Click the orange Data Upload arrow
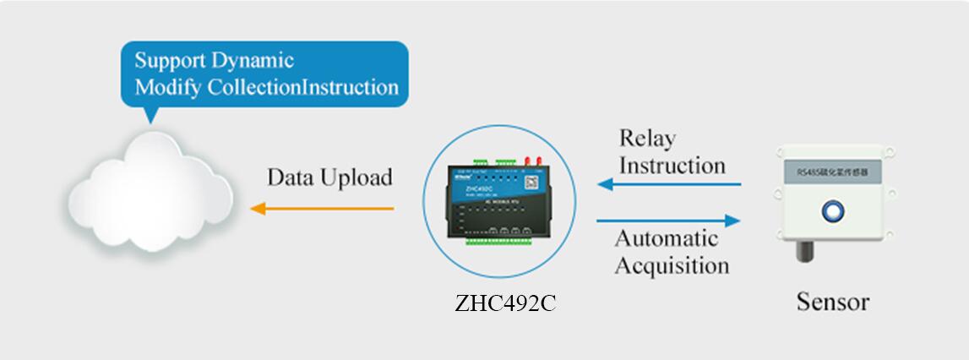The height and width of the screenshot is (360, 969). [321, 208]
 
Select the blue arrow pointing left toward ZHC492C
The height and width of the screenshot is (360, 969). [668, 184]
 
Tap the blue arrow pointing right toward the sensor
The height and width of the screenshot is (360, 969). [668, 221]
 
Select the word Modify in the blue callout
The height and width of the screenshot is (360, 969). [165, 87]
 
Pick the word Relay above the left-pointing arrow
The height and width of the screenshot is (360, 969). [647, 138]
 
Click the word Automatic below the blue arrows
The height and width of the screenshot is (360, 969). [667, 238]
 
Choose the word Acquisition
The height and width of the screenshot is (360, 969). [672, 265]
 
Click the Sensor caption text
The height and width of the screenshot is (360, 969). [832, 302]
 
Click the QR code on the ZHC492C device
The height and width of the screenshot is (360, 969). [530, 182]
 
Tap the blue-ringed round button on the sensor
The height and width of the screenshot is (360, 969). [833, 209]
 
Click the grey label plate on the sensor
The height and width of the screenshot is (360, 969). [833, 172]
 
